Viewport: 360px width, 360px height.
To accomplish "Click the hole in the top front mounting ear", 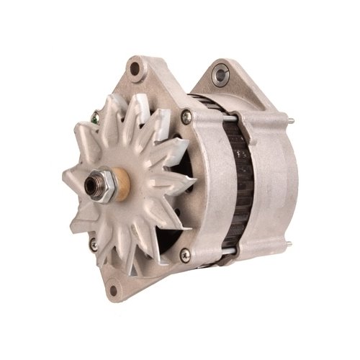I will pyautogui.click(x=134, y=68).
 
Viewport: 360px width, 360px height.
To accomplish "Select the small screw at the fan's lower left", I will pyautogui.click(x=94, y=246).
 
